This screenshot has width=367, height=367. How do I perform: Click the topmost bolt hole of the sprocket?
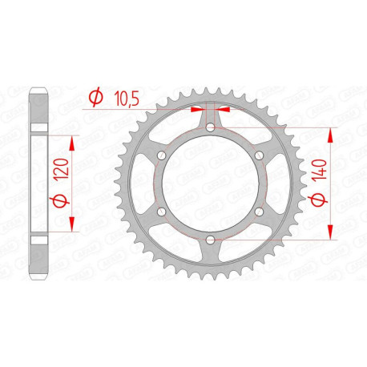point(210,126)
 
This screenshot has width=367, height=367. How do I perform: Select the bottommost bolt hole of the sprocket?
point(210,240)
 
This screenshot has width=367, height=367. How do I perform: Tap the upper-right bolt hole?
point(260,155)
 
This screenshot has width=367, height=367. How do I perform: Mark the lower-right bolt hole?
point(260,212)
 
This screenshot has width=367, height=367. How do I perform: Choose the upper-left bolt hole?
point(160,155)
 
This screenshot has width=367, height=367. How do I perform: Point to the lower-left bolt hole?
point(160,212)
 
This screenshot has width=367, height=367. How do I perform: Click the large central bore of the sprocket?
point(210,183)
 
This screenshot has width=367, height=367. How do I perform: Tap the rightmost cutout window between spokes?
point(277,183)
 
